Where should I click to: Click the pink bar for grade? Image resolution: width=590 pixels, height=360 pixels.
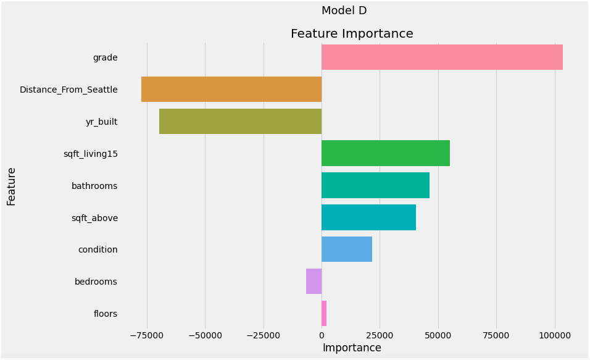(x=442, y=57)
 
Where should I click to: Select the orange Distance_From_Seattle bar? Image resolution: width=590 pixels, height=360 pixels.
(x=231, y=90)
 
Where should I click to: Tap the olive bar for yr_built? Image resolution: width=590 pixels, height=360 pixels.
(x=240, y=122)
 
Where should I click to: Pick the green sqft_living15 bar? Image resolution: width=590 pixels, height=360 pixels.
(x=386, y=153)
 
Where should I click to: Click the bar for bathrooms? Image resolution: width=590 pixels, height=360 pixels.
(x=375, y=185)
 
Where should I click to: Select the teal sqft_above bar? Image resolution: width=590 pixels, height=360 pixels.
(x=368, y=217)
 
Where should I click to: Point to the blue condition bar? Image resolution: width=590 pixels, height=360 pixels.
(x=347, y=249)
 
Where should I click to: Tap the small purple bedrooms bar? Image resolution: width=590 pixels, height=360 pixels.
(x=314, y=282)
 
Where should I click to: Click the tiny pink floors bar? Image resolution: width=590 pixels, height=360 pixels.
(x=324, y=314)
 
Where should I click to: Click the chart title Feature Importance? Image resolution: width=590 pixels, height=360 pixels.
(x=352, y=34)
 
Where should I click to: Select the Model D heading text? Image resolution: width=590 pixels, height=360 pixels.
(x=344, y=10)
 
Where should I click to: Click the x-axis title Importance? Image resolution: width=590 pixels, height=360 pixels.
(x=352, y=348)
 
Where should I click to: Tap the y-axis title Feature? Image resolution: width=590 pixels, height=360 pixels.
(x=12, y=186)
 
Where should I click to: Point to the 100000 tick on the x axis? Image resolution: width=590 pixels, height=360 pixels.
(x=554, y=335)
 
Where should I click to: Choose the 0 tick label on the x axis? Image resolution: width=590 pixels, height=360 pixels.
(x=322, y=335)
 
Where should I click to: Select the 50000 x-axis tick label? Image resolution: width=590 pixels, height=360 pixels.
(x=438, y=335)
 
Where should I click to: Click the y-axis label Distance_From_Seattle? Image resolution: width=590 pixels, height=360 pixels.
(x=69, y=90)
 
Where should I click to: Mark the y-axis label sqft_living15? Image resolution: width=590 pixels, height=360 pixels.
(x=90, y=154)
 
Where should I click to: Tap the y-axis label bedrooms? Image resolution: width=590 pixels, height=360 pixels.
(x=96, y=282)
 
